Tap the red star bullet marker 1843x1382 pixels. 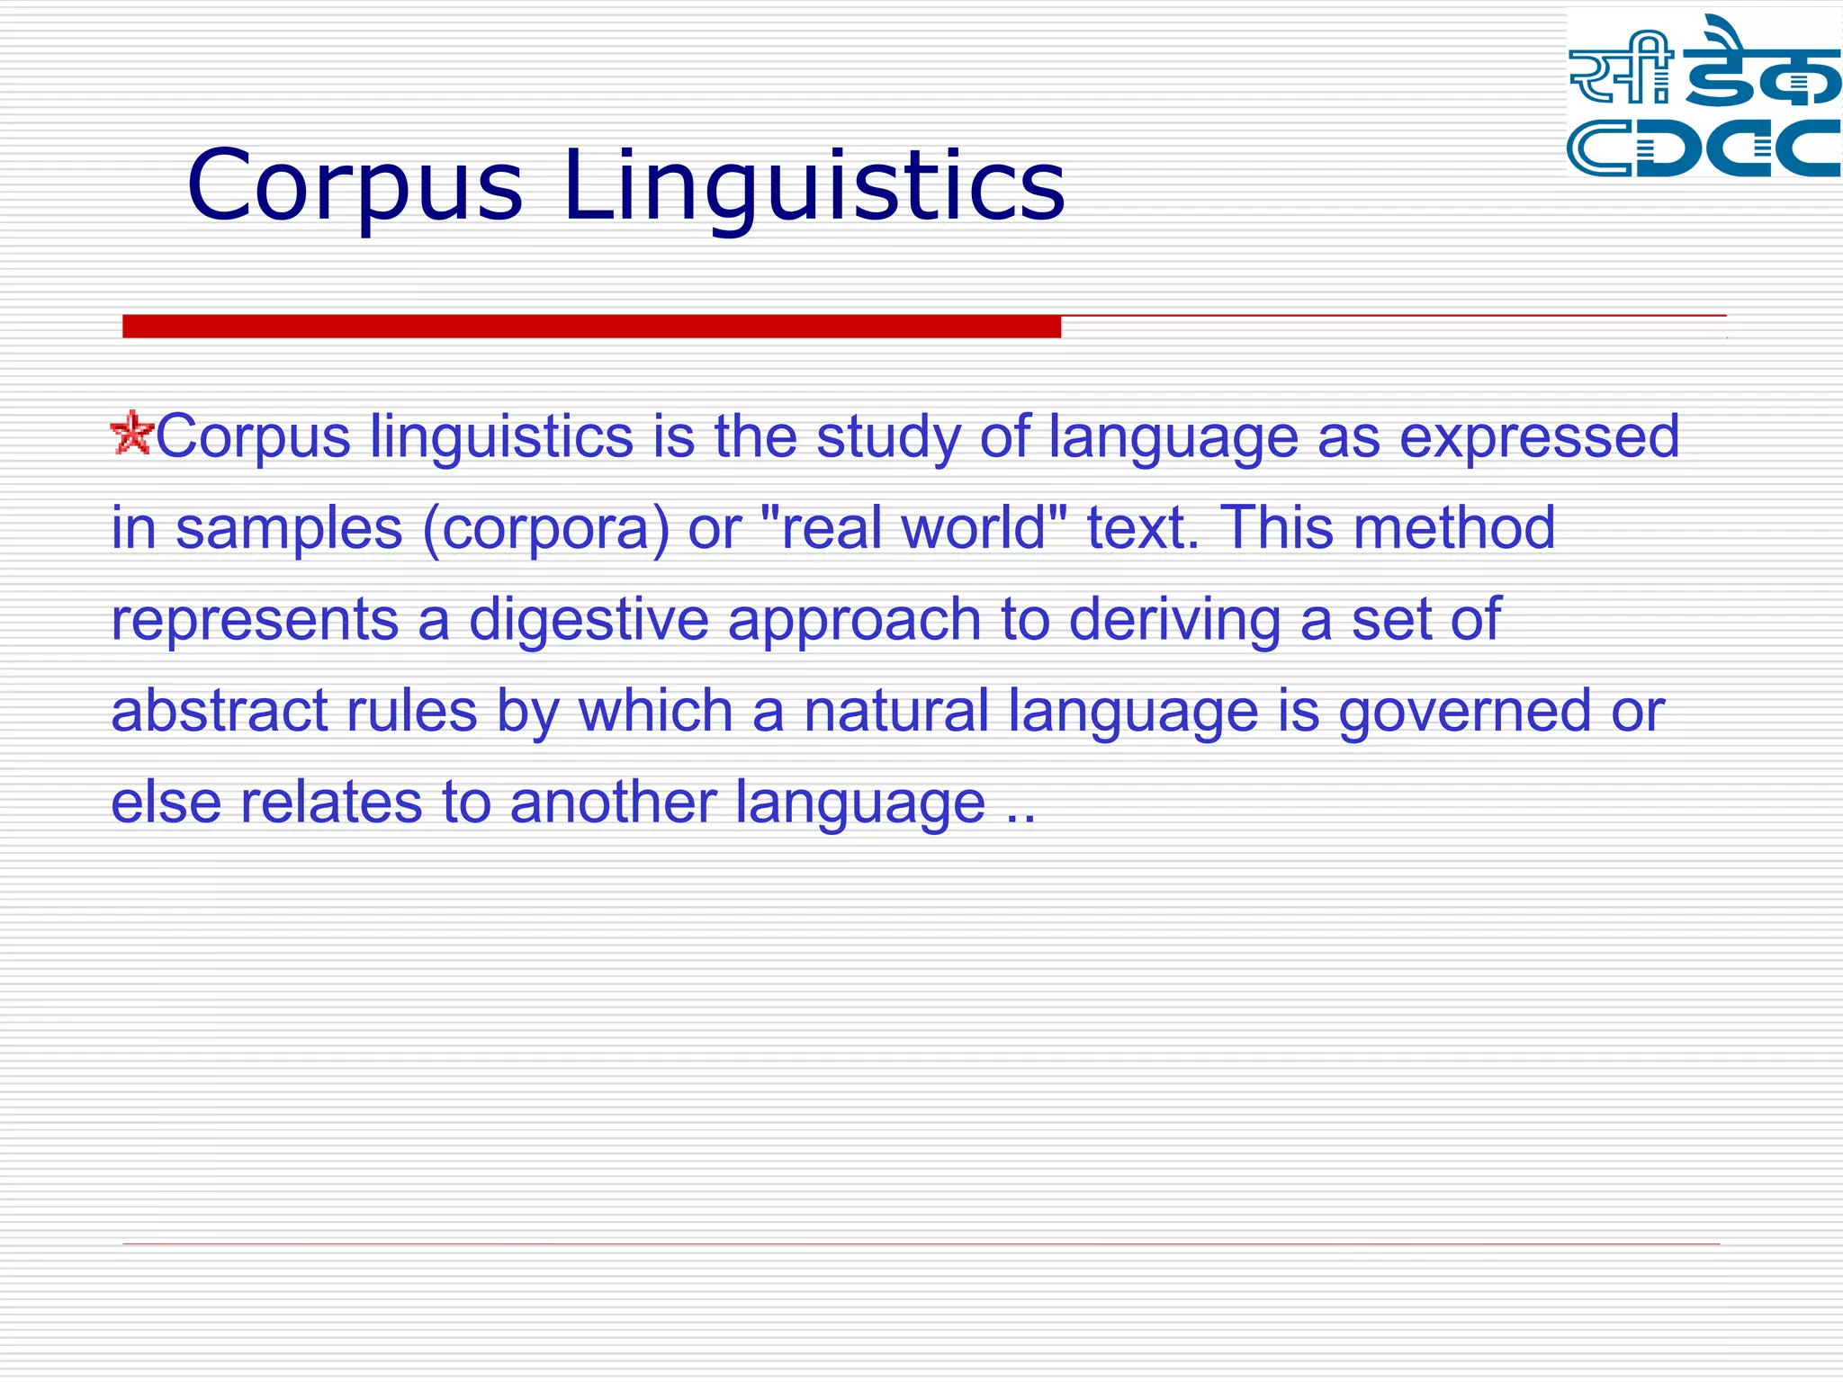pos(131,433)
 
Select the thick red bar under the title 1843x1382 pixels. pos(591,327)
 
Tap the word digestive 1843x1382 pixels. pos(589,621)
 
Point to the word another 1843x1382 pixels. pos(612,803)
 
